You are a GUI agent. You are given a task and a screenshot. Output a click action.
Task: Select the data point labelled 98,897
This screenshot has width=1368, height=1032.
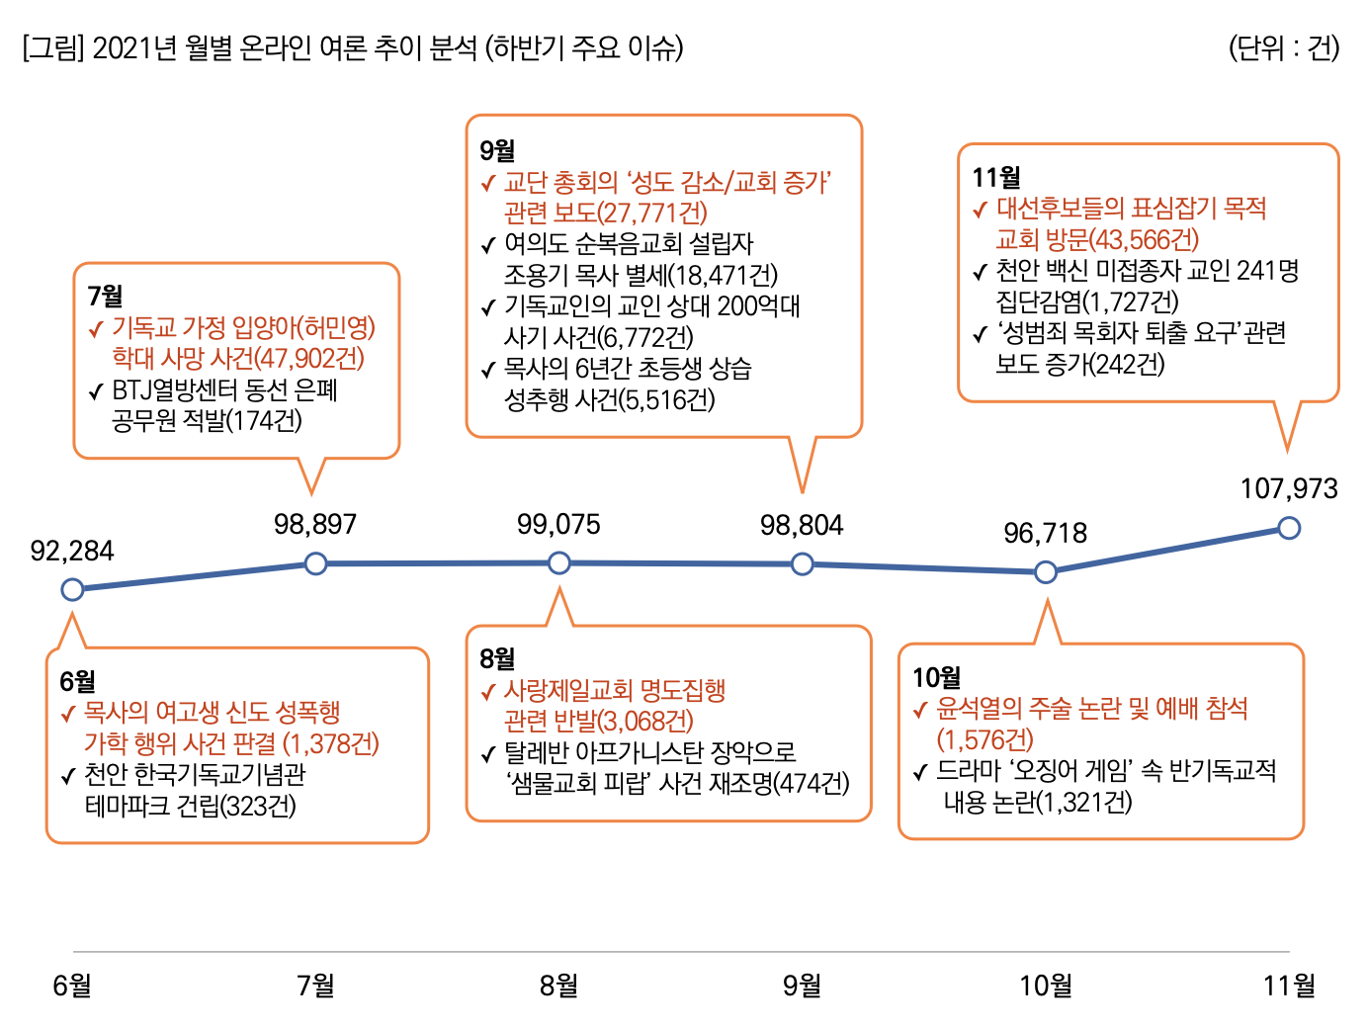point(315,563)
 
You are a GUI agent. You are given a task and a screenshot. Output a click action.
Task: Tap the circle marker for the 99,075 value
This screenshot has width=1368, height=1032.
point(559,563)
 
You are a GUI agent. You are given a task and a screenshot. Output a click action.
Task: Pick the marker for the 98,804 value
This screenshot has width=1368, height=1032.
point(803,564)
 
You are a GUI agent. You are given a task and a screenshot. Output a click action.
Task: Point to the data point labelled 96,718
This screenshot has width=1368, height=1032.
point(1046,572)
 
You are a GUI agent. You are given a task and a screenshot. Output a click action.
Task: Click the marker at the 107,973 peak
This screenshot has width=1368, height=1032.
point(1289,529)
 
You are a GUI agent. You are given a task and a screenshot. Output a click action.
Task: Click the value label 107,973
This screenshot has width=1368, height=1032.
point(1289,488)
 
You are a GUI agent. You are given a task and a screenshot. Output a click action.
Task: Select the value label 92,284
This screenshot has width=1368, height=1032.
point(72,551)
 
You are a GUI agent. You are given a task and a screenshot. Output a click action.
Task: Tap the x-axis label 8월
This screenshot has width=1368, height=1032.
point(559,985)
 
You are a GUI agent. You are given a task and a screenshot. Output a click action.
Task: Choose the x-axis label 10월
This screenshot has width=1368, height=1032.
point(1046,985)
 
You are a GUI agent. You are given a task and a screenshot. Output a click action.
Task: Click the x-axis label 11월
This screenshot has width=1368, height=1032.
point(1289,985)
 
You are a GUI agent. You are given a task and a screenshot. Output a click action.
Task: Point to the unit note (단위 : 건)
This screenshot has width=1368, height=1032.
point(1283,47)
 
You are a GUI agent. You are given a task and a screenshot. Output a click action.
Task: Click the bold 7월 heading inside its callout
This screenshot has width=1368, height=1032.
point(105,296)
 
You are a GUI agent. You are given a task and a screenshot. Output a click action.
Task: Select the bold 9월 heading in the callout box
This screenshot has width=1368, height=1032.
point(497,150)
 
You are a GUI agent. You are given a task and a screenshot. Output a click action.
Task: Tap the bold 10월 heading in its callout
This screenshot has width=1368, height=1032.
point(936,677)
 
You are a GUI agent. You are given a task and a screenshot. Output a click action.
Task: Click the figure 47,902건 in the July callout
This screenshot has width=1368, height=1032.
point(309,359)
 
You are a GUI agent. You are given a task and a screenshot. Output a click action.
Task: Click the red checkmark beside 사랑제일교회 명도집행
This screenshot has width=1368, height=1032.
point(487,692)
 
